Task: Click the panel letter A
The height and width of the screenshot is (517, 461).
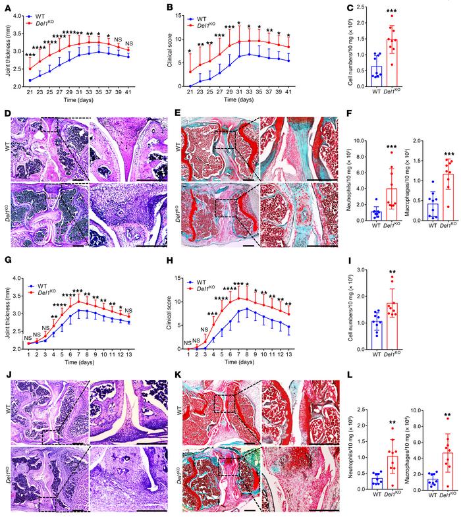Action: [5, 6]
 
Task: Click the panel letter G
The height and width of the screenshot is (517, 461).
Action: [5, 262]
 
